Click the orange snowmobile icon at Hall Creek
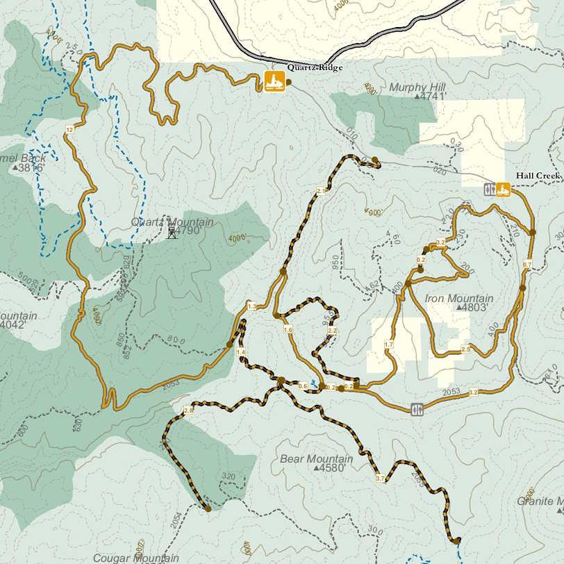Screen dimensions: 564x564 click(503, 189)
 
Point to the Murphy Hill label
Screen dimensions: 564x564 click(417, 88)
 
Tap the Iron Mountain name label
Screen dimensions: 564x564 click(459, 299)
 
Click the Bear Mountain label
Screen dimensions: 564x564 click(316, 459)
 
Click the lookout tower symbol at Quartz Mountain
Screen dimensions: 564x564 click(172, 233)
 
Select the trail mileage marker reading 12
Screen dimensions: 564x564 click(69, 130)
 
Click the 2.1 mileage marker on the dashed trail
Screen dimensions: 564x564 click(321, 191)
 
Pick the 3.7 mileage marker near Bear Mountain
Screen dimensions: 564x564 click(380, 479)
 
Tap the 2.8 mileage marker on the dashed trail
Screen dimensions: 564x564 click(188, 411)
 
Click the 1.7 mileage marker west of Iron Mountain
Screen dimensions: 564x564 click(388, 345)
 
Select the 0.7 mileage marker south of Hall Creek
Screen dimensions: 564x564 click(526, 265)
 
